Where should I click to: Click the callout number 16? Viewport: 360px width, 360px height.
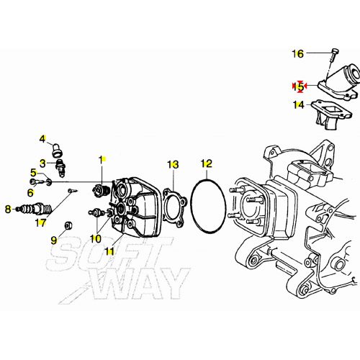[x=298, y=53]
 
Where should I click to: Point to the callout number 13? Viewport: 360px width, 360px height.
[x=172, y=165]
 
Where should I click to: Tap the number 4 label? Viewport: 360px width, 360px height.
[x=42, y=139]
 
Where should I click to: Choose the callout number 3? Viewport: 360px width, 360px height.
[x=42, y=163]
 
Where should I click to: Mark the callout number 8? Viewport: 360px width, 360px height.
[x=7, y=210]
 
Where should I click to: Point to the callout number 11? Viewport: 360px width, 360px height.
[x=109, y=251]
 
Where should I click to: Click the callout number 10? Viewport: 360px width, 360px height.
[x=95, y=238]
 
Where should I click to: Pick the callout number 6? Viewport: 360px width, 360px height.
[x=30, y=192]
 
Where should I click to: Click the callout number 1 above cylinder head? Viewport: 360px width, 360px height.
[x=102, y=159]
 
